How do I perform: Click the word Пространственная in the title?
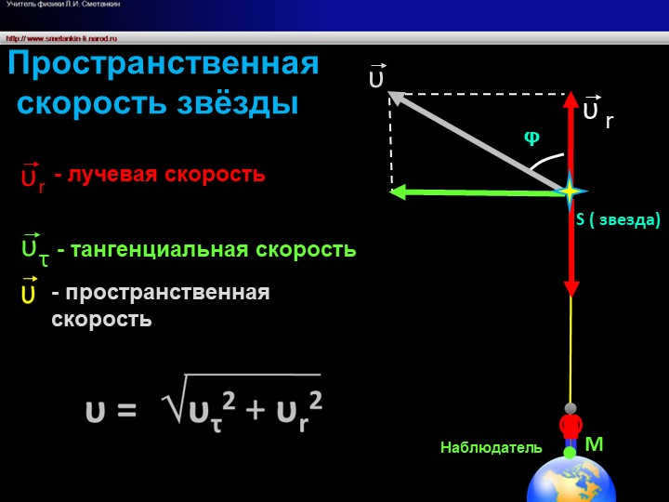164,65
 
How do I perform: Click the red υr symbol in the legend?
32,178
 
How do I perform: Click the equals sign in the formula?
127,410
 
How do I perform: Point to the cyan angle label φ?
531,137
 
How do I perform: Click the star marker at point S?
569,191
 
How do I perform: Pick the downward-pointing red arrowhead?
571,285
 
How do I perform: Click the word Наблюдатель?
491,448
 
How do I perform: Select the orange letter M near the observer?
594,444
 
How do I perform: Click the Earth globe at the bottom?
571,479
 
